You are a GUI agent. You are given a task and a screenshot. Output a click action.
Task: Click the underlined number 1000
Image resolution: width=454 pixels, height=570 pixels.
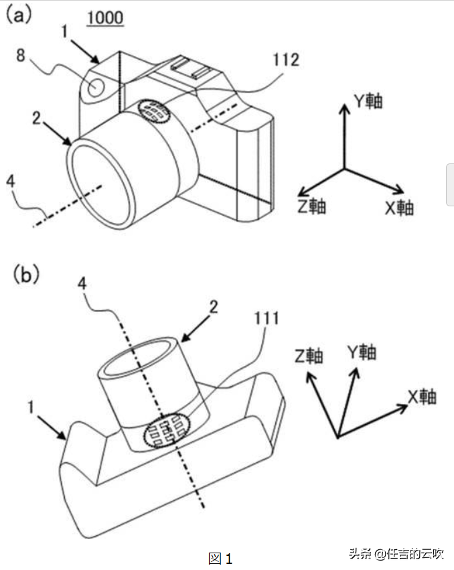(x=105, y=19)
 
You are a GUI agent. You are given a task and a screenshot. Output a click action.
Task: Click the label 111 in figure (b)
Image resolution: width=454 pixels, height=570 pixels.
(x=266, y=318)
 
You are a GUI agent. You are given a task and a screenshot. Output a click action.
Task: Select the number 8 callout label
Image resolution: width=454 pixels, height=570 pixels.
(x=21, y=56)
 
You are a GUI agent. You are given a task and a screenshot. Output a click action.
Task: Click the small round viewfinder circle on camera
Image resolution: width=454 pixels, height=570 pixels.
(x=96, y=87)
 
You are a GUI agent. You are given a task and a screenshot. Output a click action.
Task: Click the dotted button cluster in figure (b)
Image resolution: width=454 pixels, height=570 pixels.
(x=167, y=431)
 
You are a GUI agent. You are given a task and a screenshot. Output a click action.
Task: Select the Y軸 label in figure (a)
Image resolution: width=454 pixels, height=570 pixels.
(x=368, y=101)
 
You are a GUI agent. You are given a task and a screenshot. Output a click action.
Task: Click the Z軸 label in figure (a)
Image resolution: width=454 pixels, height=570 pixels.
(x=312, y=206)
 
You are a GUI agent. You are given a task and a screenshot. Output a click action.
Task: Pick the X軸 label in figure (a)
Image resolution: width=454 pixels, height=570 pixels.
(x=399, y=208)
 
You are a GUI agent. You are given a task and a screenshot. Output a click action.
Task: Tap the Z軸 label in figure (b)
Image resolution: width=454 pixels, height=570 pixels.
(x=309, y=356)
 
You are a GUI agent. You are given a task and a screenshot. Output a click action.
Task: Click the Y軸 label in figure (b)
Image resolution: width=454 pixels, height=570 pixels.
(x=362, y=352)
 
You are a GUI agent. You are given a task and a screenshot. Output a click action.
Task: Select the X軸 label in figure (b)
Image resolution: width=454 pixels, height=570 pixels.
(x=422, y=397)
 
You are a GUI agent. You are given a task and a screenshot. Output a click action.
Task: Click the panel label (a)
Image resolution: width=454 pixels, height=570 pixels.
(x=18, y=15)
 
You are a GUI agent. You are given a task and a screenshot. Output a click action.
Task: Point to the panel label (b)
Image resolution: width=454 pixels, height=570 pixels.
(x=26, y=275)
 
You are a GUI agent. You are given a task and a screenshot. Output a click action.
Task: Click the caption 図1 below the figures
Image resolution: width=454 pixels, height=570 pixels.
(x=220, y=558)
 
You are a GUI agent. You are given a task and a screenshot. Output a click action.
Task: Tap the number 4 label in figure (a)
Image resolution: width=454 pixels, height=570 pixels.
(x=11, y=181)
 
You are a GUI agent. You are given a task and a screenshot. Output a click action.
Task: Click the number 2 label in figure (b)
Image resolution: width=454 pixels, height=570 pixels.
(x=214, y=307)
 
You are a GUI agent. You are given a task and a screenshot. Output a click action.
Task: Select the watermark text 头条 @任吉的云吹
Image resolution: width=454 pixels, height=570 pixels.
(x=396, y=554)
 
